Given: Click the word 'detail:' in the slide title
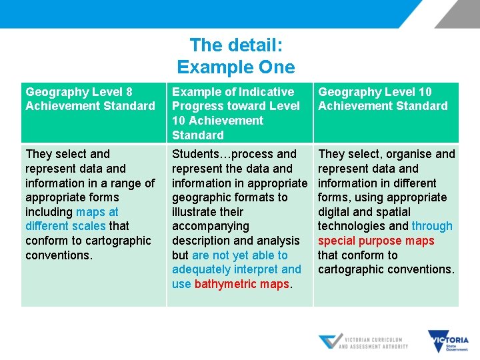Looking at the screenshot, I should (255, 45).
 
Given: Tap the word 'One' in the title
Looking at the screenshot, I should (276, 67).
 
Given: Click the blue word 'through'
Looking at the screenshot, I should (432, 226).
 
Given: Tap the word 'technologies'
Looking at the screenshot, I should (352, 226).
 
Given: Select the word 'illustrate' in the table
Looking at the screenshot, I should (199, 212).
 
